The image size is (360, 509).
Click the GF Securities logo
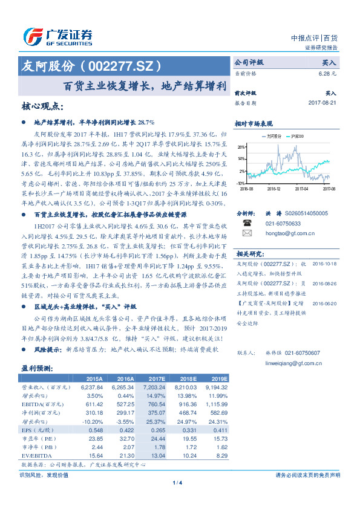click(57, 36)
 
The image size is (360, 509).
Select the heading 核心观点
click(42, 106)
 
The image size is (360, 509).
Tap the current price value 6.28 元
click(327, 73)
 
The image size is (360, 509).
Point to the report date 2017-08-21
click(322, 103)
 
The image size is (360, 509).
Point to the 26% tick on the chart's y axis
click(241, 147)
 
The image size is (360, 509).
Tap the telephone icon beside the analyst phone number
click(247, 222)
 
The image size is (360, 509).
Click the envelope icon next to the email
click(247, 233)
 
